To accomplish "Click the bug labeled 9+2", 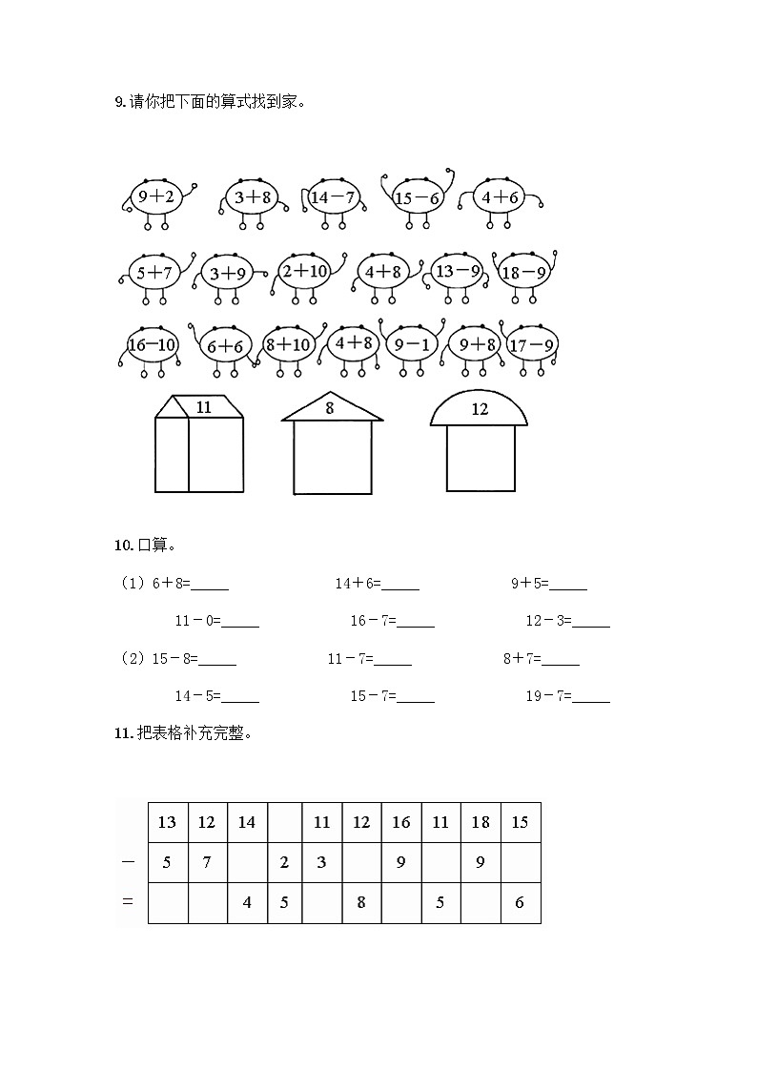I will (155, 197).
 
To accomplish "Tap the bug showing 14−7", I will (333, 197).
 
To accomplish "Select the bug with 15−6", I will (417, 198).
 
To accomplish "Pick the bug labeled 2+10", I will (305, 272).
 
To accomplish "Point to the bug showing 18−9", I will (523, 272).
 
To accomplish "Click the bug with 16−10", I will (153, 344).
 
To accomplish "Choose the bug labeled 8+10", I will (289, 344).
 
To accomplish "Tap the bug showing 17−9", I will (531, 344).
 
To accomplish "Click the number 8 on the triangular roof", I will (330, 408).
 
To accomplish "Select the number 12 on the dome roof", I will (480, 409).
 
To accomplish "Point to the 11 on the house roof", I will (204, 407).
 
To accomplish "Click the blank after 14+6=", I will (400, 586).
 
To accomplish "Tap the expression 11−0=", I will (197, 621).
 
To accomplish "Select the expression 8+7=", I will (522, 659).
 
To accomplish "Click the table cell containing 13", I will (168, 822).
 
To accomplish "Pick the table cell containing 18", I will (481, 822).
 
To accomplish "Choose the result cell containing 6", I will (520, 902).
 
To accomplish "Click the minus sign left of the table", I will (128, 861).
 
